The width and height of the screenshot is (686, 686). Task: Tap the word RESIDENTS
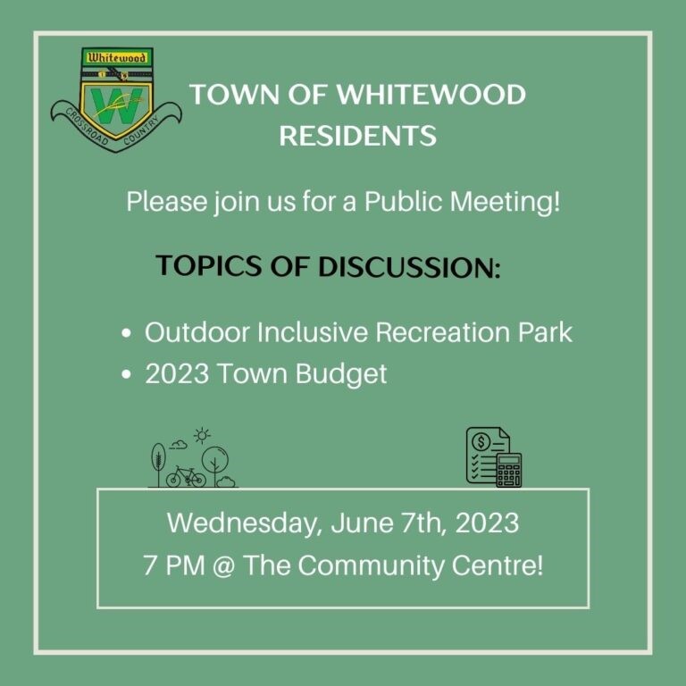point(357,136)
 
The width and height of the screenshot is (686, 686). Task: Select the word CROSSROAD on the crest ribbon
point(86,127)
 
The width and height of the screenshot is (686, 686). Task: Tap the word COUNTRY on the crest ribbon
point(155,125)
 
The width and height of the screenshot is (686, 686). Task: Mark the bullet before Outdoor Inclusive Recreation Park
point(127,333)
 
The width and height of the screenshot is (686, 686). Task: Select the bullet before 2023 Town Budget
point(127,374)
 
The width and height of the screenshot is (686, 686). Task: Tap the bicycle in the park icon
point(186,477)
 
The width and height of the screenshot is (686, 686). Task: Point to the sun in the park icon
point(202,437)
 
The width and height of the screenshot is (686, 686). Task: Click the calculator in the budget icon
point(508,470)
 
